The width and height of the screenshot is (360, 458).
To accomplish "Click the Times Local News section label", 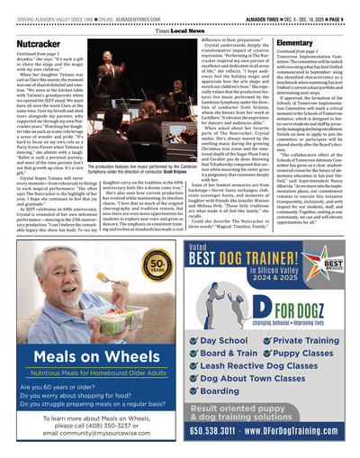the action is coord(180,29).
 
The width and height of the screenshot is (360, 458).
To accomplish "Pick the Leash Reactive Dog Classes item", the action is coord(253,342).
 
